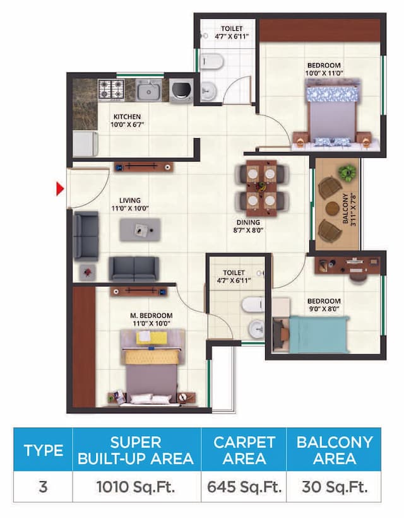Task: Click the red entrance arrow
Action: click(61, 189)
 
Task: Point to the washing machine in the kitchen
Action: click(181, 89)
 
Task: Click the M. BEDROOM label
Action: click(152, 315)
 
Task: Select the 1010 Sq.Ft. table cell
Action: click(136, 487)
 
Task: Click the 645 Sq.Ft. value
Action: click(244, 487)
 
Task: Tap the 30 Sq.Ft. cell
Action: click(334, 487)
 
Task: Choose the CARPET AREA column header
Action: click(244, 450)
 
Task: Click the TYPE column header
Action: click(43, 450)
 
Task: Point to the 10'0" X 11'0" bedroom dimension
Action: click(324, 73)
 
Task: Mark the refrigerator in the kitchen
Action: click(84, 143)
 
